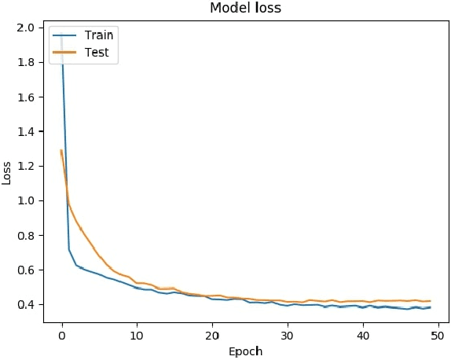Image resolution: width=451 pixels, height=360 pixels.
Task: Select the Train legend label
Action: [99, 35]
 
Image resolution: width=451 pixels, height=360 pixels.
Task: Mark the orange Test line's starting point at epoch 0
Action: [61, 151]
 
